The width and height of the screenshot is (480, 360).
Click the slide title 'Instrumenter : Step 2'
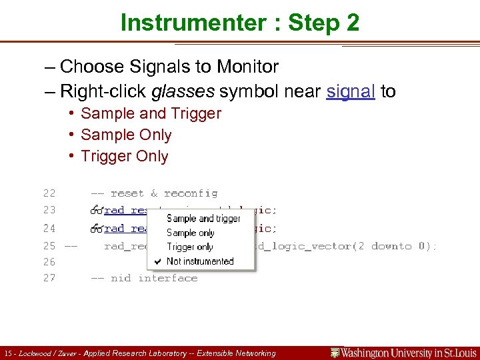coord(240,23)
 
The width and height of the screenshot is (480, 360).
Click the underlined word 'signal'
coord(351,91)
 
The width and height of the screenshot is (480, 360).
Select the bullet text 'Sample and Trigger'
coord(151,113)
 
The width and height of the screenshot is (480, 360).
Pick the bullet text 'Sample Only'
coord(126,135)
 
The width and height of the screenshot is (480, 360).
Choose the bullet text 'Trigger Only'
coord(124,156)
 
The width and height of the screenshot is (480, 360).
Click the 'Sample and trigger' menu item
coord(203,219)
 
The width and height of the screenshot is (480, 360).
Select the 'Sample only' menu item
coord(191,233)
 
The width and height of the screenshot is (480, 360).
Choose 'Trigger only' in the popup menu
coord(190,247)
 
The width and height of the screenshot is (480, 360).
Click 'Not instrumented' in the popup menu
coord(200,261)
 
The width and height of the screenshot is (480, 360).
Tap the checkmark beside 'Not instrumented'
coord(157,261)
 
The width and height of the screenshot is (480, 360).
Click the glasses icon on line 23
coord(97,210)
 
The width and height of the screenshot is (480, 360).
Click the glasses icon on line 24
coord(97,228)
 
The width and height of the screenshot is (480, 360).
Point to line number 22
coord(49,193)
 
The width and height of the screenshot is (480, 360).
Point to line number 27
coord(49,278)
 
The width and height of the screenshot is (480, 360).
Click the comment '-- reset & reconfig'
coord(154,193)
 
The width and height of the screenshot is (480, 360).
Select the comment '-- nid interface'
coord(144,278)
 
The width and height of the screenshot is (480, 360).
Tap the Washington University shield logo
coord(335,353)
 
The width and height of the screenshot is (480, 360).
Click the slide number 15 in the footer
coord(7,353)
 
